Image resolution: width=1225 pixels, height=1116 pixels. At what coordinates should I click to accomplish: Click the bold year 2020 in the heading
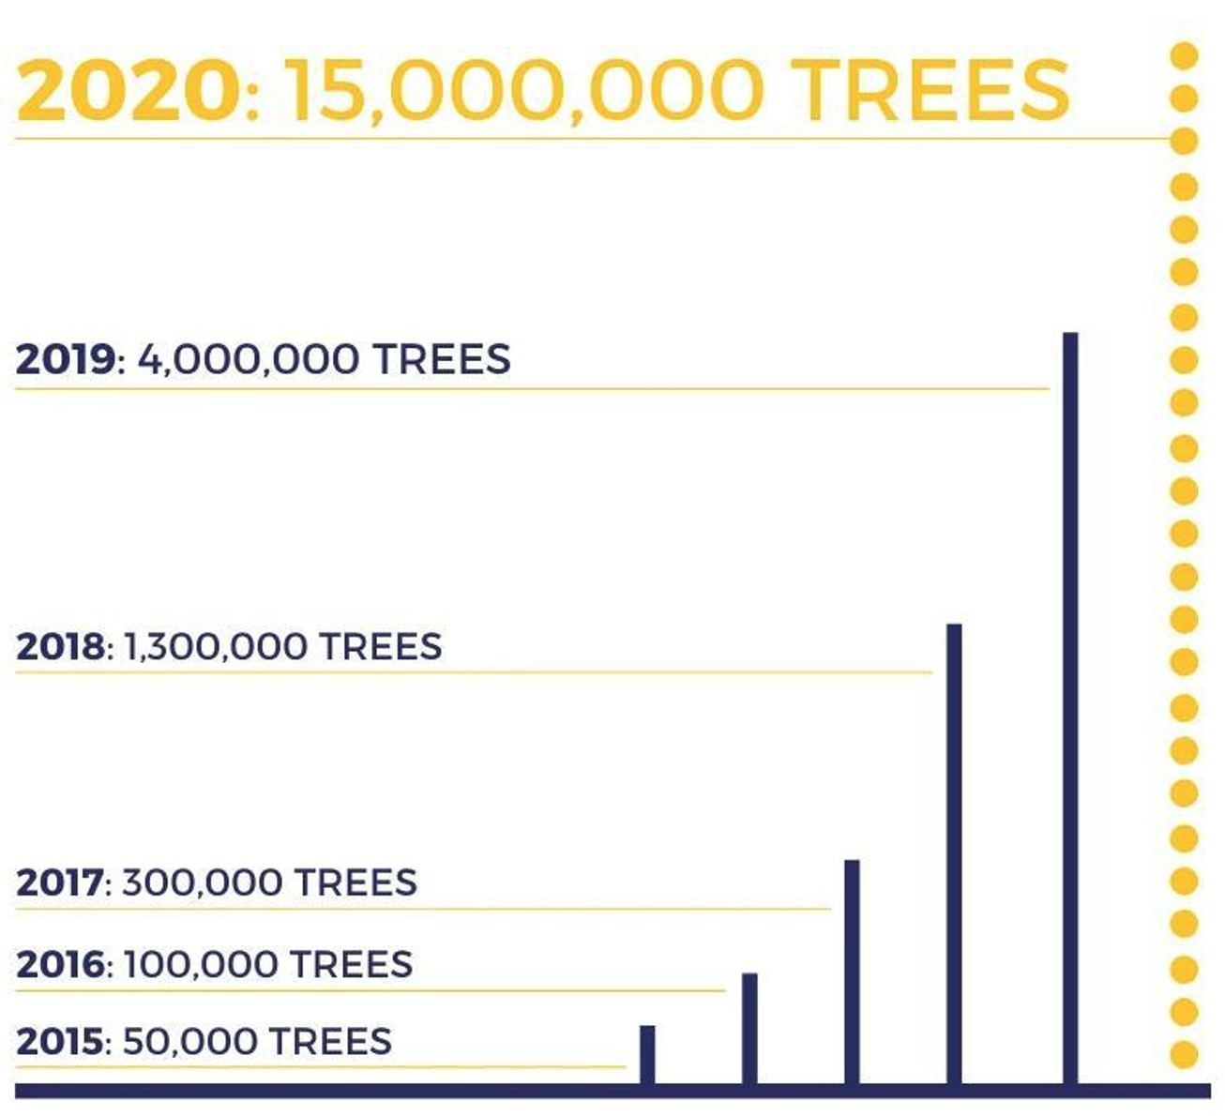tap(130, 90)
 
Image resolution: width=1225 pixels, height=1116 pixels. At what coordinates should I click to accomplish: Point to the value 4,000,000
tap(248, 360)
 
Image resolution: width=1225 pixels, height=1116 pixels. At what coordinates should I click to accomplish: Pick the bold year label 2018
tap(60, 646)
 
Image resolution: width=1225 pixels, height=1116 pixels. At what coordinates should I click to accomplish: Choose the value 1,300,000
tap(216, 647)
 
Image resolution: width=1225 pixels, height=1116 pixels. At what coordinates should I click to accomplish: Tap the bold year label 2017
tap(60, 882)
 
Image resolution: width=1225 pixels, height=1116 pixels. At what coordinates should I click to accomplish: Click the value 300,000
tap(201, 883)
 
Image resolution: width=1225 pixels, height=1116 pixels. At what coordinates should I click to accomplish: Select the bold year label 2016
tap(60, 964)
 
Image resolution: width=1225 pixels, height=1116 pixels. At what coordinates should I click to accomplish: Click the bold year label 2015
tap(60, 1042)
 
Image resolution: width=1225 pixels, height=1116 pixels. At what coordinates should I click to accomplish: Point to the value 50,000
tap(189, 1043)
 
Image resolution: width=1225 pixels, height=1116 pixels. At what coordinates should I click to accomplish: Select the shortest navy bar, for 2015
tap(647, 1055)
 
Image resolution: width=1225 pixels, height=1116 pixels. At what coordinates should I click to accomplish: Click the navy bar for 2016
tap(749, 1030)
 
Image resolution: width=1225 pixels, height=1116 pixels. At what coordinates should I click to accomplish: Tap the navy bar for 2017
tap(852, 973)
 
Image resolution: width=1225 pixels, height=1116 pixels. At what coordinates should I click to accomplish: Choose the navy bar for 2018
tap(954, 854)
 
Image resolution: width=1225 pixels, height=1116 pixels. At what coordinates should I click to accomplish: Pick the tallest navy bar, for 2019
tap(1070, 709)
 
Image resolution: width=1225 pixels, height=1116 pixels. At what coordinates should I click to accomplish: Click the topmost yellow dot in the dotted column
tap(1185, 55)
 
